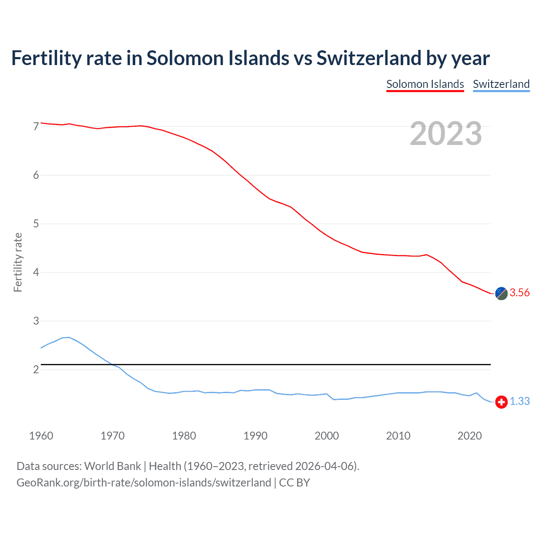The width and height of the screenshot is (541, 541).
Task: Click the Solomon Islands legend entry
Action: [425, 84]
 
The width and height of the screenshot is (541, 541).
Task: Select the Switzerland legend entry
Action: [501, 84]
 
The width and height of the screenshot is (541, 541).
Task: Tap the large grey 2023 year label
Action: [446, 134]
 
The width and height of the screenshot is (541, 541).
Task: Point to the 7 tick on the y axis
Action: [36, 126]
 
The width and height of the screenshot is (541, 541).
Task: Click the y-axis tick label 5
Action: [36, 224]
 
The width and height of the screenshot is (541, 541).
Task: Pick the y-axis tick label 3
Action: [36, 321]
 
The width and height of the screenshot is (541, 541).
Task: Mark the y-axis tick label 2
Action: [36, 369]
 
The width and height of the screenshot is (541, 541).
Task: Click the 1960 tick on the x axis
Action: [41, 436]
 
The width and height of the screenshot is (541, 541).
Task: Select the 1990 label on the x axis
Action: [255, 436]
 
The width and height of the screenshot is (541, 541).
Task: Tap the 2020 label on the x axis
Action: [470, 436]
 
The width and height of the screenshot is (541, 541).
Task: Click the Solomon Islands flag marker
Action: [501, 293]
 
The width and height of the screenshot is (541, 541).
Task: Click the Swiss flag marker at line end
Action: [501, 402]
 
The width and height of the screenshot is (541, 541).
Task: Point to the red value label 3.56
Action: [519, 292]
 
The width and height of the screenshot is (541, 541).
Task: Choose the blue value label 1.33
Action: [519, 401]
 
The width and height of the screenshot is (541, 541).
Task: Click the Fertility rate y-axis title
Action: [18, 262]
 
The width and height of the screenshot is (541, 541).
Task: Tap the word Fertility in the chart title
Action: [46, 58]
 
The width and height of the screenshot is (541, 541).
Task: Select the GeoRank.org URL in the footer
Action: [144, 482]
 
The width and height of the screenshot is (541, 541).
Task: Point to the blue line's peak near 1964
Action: [69, 337]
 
